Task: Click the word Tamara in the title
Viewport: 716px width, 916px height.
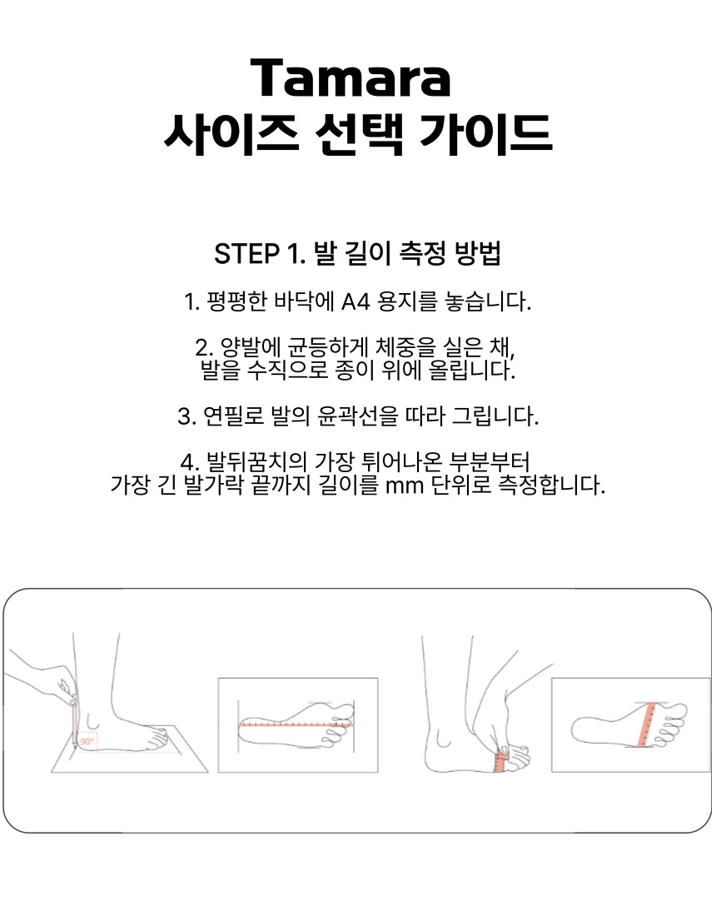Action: click(351, 77)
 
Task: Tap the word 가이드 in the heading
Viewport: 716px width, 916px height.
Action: click(486, 134)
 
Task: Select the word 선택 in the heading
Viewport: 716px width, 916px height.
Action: click(359, 134)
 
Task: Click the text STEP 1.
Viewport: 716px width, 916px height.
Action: click(260, 254)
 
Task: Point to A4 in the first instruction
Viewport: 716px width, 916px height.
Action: click(356, 302)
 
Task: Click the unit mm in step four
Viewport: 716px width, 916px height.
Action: click(404, 486)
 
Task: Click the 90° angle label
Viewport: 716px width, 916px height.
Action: click(87, 741)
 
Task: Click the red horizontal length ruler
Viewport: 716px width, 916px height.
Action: click(296, 724)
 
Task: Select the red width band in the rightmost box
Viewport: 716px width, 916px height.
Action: click(647, 724)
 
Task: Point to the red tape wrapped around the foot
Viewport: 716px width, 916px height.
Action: click(500, 759)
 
